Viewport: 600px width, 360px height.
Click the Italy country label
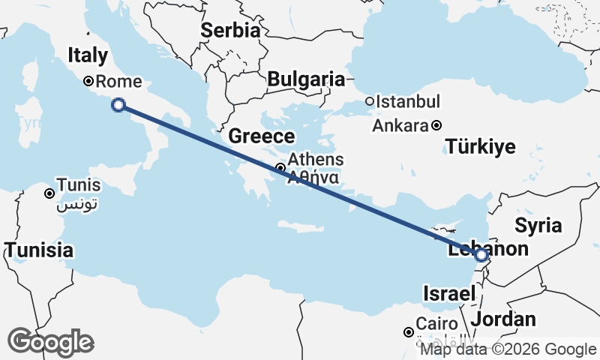[x=88, y=55]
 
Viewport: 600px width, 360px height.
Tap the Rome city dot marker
[x=88, y=81]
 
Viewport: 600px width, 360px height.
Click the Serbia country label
[x=230, y=31]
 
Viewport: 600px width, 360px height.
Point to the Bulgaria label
[x=305, y=79]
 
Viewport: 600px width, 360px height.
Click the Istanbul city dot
[x=370, y=101]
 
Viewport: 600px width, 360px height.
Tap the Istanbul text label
[x=408, y=101]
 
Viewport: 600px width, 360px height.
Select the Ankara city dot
[x=436, y=125]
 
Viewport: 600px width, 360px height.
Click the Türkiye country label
[x=481, y=146]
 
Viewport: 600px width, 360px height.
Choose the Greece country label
[x=261, y=136]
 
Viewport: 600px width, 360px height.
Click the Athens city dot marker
[x=280, y=168]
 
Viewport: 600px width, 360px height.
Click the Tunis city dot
[x=49, y=193]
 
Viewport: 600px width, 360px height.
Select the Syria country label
[x=538, y=225]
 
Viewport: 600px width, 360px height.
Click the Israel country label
[x=450, y=293]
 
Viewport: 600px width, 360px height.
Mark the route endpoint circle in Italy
[x=118, y=105]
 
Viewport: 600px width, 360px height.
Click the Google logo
[x=50, y=342]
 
